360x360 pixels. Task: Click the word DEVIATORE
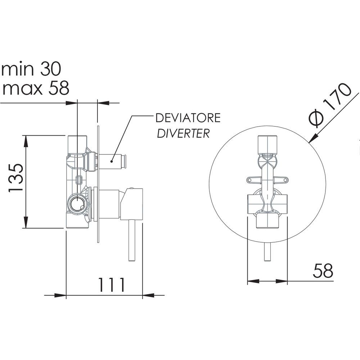pos(188,118)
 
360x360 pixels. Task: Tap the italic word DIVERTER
pos(183,134)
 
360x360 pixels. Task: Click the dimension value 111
pos(112,285)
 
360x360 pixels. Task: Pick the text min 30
pos(31,69)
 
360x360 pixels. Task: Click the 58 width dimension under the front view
pos(323,271)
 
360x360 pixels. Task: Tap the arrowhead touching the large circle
pos(314,138)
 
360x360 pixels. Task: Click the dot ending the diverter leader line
pos(112,161)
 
